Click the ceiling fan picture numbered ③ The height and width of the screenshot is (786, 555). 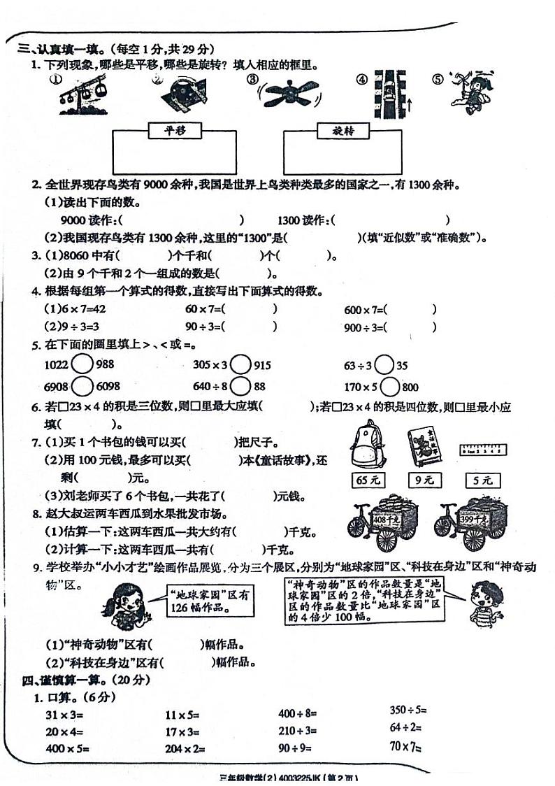291,92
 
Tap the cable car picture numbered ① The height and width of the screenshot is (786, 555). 78,93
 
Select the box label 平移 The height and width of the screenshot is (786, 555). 173,130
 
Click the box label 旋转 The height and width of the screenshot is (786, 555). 343,131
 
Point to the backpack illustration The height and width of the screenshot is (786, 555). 366,445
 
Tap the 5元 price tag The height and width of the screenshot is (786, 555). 483,480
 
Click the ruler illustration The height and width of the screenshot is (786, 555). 483,450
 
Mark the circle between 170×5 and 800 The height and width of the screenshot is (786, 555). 390,386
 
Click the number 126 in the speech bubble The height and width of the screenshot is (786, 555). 180,608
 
